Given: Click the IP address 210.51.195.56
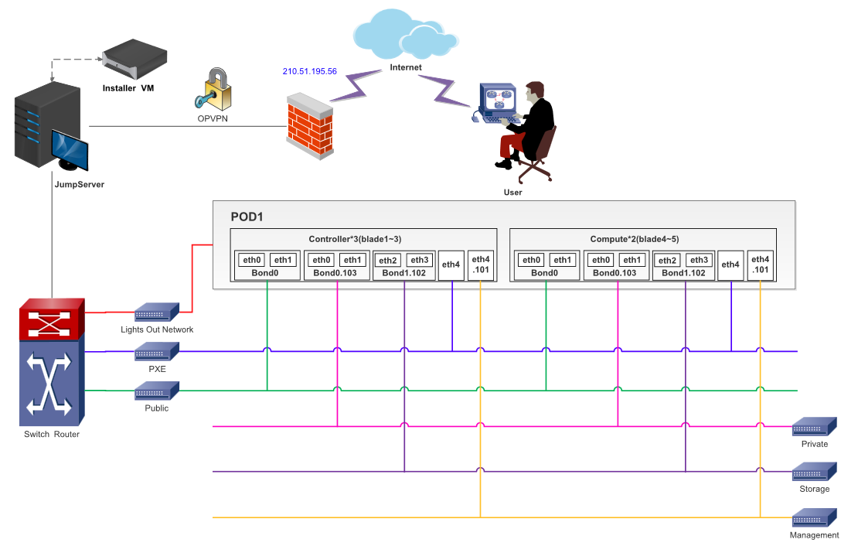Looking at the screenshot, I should (x=310, y=71).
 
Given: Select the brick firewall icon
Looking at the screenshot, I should (x=310, y=126).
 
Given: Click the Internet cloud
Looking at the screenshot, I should (x=406, y=35).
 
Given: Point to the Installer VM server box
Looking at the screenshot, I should (x=135, y=62).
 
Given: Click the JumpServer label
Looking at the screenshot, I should (x=79, y=185).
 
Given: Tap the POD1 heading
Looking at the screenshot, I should (x=247, y=216).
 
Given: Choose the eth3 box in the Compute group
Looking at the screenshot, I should (x=698, y=260).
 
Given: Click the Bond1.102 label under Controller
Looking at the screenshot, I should (x=403, y=273).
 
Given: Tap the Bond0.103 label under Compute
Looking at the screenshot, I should (x=615, y=273).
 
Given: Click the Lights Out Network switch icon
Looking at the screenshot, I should (x=157, y=312).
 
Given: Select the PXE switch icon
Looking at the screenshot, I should (x=157, y=352).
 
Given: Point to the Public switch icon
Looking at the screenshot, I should (x=157, y=391).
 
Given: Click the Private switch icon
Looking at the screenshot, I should (x=815, y=427).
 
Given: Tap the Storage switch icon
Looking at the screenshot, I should (x=815, y=472).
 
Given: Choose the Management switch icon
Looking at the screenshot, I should (x=815, y=517).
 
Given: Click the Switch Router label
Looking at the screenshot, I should (x=52, y=434).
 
